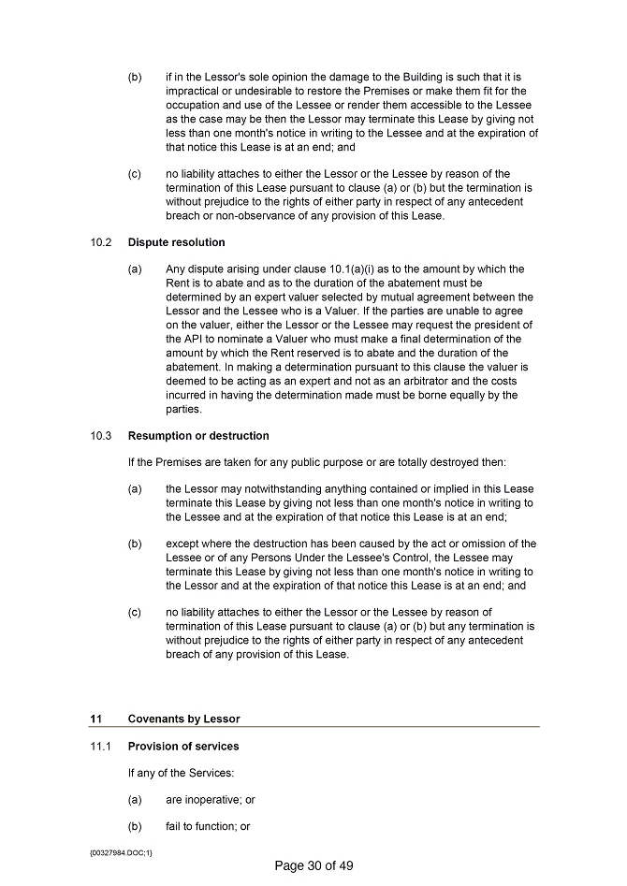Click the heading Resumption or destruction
(198, 436)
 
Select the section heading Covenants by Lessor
(183, 719)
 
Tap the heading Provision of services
(183, 747)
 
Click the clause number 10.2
(101, 242)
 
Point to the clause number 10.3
(101, 436)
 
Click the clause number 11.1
(101, 747)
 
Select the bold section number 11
(95, 719)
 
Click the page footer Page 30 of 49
(313, 866)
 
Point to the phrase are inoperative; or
(211, 800)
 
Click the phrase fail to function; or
(208, 827)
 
